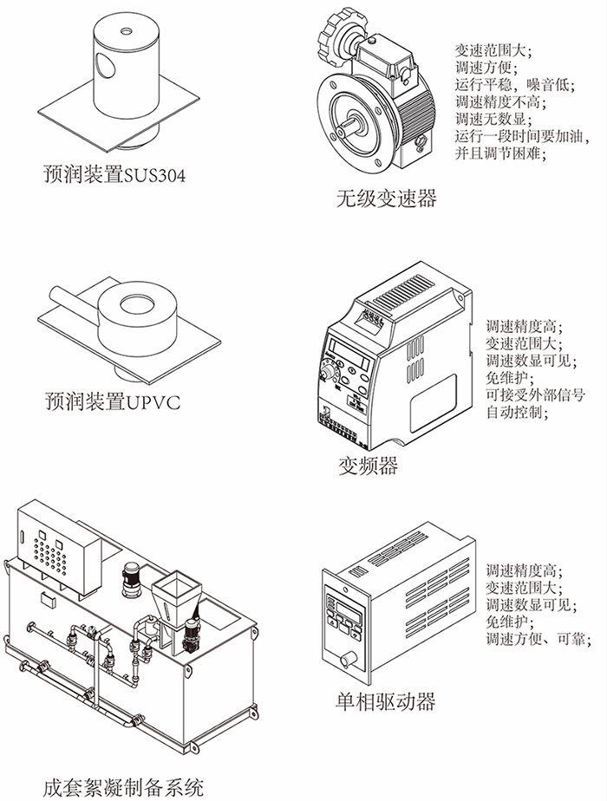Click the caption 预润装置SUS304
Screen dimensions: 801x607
114,176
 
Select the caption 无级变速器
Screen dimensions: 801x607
386,199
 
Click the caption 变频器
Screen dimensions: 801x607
368,466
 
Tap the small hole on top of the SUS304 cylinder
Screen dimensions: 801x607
127,32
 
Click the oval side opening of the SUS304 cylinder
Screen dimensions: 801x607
104,65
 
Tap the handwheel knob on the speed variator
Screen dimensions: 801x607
327,37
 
